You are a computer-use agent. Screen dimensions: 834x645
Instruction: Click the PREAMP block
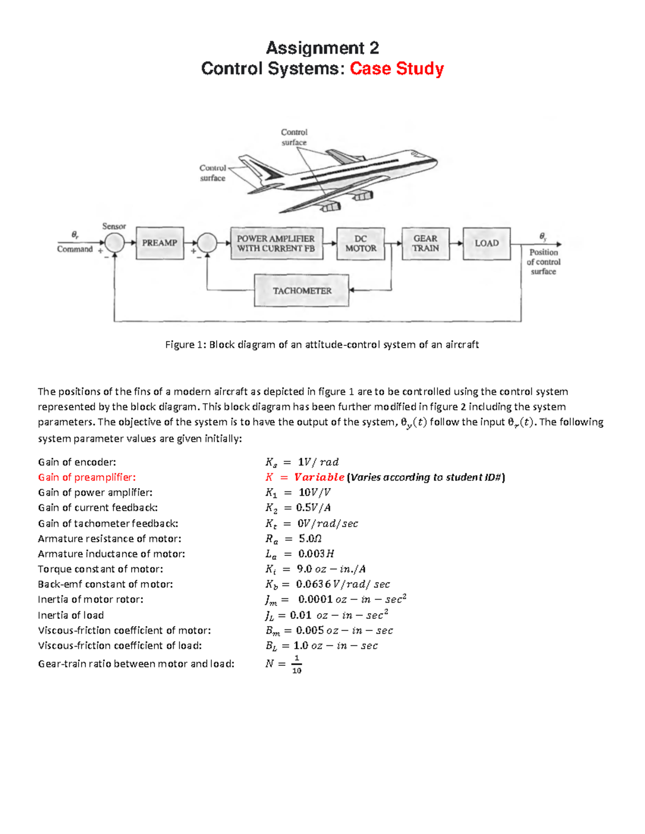coord(160,243)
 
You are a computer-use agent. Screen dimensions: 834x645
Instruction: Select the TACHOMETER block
coord(302,291)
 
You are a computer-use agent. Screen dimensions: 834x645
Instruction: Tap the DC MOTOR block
coord(361,244)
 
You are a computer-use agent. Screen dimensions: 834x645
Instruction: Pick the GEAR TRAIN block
coord(425,244)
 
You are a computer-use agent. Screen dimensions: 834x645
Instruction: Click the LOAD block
coord(486,244)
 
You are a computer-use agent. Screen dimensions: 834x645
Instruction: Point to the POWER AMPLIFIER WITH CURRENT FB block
coord(276,244)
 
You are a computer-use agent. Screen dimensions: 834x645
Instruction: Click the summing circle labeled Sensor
coord(114,243)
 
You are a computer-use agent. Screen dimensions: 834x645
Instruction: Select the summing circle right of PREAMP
coord(207,243)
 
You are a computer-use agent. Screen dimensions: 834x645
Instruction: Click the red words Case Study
coord(397,69)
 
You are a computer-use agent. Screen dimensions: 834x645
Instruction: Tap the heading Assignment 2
coord(322,48)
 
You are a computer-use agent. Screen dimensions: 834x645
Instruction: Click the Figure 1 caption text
coord(322,345)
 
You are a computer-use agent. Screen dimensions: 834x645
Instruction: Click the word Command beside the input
coord(75,249)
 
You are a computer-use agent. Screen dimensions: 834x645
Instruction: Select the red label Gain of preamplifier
coord(87,477)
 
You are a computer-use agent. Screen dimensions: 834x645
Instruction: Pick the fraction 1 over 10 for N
coord(297,664)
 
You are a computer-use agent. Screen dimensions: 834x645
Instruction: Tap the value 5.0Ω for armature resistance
coord(310,539)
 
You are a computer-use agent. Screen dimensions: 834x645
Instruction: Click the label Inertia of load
coord(71,615)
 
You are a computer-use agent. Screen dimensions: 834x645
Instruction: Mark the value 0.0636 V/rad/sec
coord(342,584)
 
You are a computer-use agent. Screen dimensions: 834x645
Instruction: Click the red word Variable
coord(319,477)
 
